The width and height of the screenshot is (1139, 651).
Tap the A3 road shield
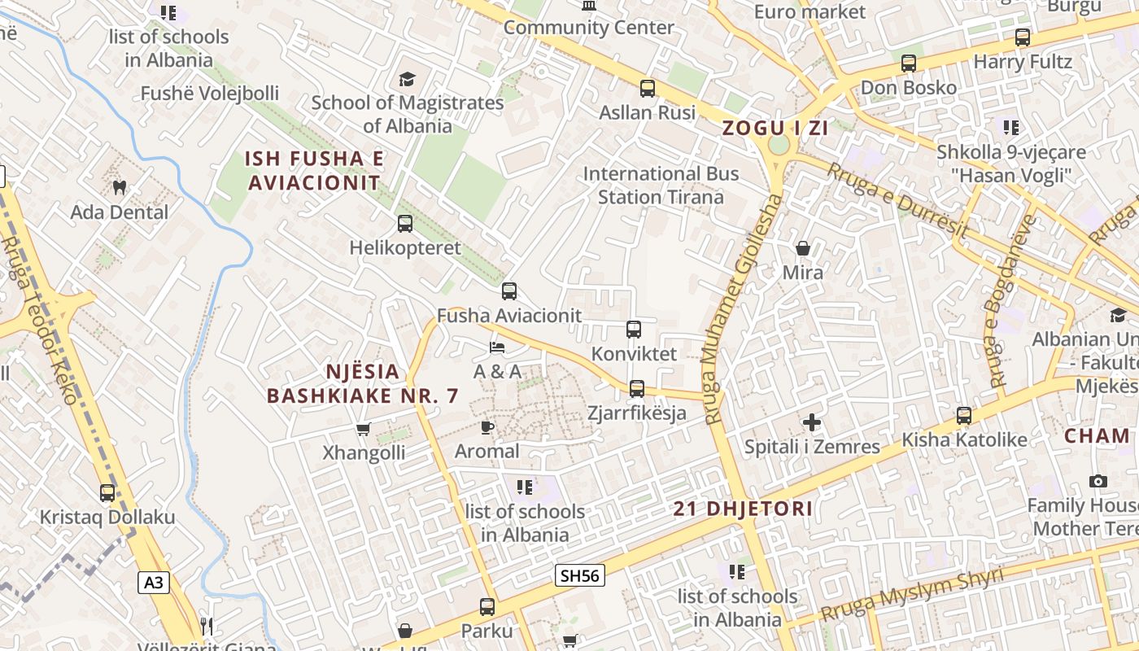pyautogui.click(x=154, y=583)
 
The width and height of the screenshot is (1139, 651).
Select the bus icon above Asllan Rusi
pyautogui.click(x=648, y=89)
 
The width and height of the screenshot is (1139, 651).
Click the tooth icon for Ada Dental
pyautogui.click(x=120, y=188)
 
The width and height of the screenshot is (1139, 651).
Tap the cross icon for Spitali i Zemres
pyautogui.click(x=811, y=422)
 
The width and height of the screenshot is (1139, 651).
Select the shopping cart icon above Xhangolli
pyautogui.click(x=363, y=429)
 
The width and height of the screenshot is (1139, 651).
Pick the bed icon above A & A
pyautogui.click(x=497, y=347)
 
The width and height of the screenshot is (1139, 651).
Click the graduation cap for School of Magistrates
pyautogui.click(x=407, y=79)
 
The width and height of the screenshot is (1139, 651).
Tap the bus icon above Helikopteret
pyautogui.click(x=404, y=224)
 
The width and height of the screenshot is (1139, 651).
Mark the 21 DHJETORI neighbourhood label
pyautogui.click(x=743, y=509)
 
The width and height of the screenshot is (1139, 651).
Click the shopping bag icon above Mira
pyautogui.click(x=803, y=248)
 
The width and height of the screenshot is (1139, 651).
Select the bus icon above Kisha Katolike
pyautogui.click(x=964, y=416)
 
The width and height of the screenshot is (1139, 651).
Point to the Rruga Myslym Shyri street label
pyautogui.click(x=911, y=595)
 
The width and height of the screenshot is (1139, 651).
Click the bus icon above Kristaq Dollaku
pyautogui.click(x=107, y=493)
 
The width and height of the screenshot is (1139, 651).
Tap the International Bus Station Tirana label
pyautogui.click(x=661, y=186)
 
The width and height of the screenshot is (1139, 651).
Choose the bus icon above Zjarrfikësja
pyautogui.click(x=637, y=389)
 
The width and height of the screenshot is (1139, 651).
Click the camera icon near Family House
pyautogui.click(x=1098, y=481)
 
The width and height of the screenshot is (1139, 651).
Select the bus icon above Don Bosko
pyautogui.click(x=909, y=63)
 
